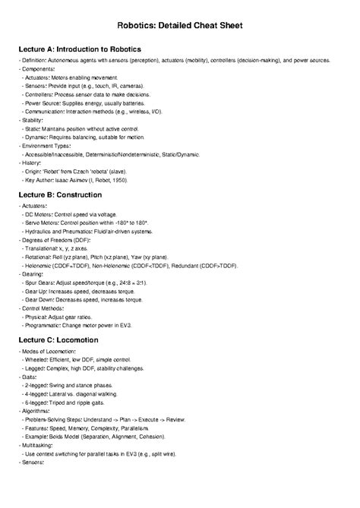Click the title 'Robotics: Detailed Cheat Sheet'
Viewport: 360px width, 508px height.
point(179,25)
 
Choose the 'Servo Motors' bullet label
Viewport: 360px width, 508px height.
point(45,222)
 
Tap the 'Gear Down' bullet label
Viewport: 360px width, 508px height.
point(43,298)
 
